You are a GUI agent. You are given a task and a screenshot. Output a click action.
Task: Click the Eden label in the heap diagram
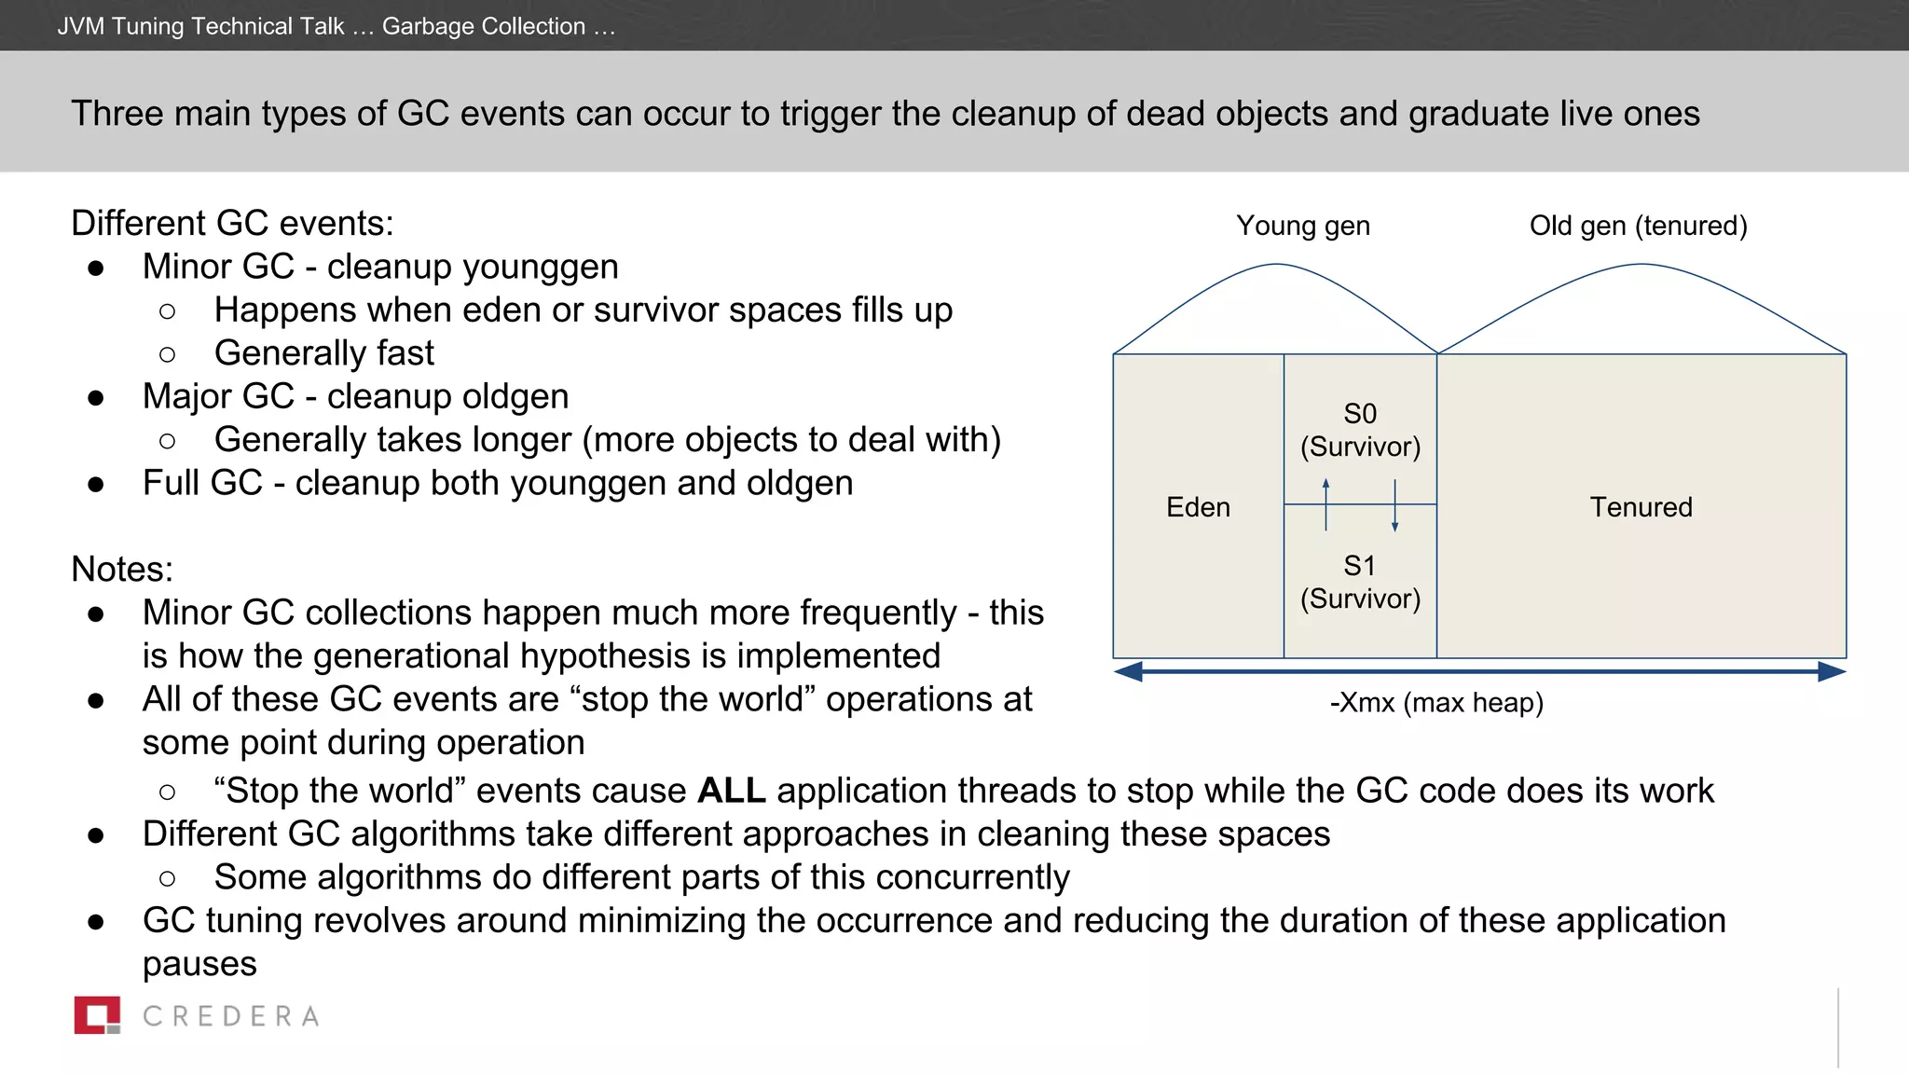[1198, 507]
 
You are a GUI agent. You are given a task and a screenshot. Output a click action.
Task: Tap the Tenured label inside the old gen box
[1641, 507]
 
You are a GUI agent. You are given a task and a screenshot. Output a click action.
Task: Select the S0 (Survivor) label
[1360, 430]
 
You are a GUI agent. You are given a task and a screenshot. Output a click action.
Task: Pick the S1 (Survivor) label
[1360, 582]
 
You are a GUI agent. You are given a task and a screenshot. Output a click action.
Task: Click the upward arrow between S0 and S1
[1325, 504]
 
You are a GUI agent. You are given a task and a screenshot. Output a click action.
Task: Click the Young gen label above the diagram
[1302, 226]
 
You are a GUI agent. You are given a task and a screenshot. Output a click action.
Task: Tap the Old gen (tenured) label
[1638, 226]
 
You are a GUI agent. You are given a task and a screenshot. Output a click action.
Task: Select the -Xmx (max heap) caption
[1436, 702]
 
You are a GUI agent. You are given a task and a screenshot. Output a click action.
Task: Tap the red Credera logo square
[97, 1015]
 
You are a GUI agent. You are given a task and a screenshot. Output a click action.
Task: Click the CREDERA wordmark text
[231, 1016]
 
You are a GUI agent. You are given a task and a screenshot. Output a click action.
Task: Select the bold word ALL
[731, 791]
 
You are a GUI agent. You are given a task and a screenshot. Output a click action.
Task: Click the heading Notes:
[122, 569]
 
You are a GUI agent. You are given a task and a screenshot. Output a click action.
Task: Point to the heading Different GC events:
[232, 224]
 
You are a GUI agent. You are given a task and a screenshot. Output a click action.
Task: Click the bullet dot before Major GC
[95, 398]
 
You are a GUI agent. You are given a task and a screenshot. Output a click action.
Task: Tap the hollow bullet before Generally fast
[168, 354]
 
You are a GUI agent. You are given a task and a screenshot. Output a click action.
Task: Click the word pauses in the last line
[199, 964]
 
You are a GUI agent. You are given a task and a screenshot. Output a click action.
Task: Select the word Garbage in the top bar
[428, 26]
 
